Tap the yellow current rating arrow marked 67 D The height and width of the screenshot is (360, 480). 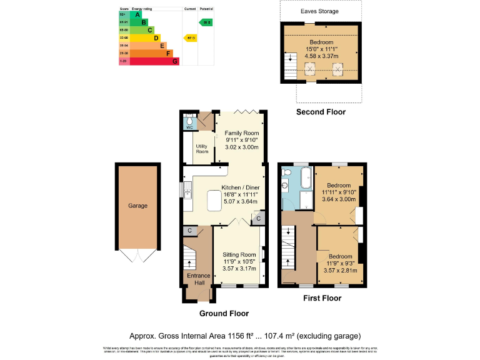[x=190, y=37]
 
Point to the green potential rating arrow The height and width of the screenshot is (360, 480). [x=206, y=22]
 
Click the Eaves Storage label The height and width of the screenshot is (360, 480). [x=321, y=11]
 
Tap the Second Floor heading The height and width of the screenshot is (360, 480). [x=321, y=112]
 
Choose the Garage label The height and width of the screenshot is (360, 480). [x=137, y=206]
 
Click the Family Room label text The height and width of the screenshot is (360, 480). [x=242, y=133]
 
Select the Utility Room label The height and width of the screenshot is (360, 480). [x=202, y=149]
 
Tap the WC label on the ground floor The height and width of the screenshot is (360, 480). [x=188, y=126]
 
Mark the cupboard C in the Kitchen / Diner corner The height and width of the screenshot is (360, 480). [x=257, y=218]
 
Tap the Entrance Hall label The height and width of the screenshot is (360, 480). [x=199, y=279]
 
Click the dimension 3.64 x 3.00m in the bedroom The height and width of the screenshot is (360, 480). [x=338, y=199]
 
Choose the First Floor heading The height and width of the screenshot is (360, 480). [x=322, y=298]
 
